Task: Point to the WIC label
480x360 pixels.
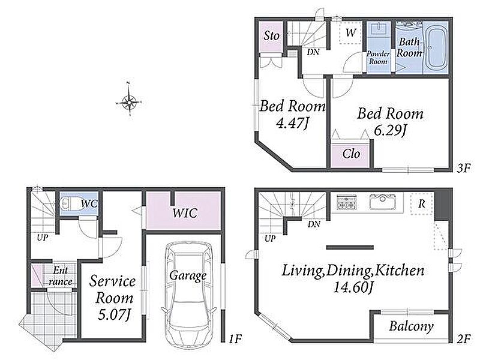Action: point(185,213)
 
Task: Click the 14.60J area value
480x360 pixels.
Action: point(353,288)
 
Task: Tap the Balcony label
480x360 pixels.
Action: point(411,326)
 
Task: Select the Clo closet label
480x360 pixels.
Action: point(351,154)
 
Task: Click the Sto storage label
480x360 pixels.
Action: point(272,36)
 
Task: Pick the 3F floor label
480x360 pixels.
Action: point(463,168)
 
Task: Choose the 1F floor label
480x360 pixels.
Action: point(235,338)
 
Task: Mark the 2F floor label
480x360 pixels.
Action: point(463,338)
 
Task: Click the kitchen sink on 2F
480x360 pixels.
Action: point(383,202)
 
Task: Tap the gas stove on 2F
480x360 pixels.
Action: point(347,202)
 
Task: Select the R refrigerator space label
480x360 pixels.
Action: point(422,203)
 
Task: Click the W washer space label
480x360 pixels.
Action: point(351,32)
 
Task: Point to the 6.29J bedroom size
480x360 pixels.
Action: point(389,131)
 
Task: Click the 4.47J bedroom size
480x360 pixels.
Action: point(292,124)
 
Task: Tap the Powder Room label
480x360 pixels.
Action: point(379,58)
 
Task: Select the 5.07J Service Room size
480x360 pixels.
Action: point(114,314)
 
